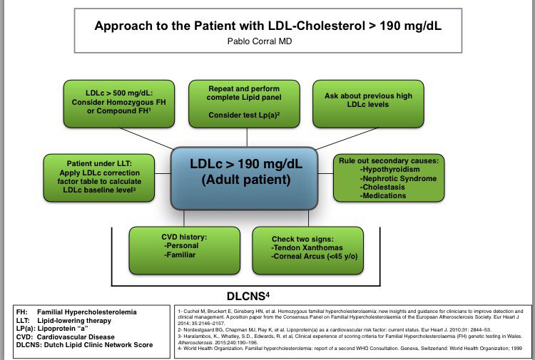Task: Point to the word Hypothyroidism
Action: click(394, 170)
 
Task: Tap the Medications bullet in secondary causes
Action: click(389, 195)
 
